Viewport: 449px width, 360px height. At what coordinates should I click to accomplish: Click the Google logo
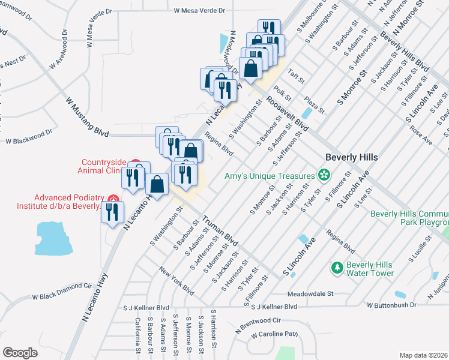point(20,352)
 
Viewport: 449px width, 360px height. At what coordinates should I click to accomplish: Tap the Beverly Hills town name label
point(351,157)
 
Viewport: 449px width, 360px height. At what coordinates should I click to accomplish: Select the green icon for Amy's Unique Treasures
point(325,175)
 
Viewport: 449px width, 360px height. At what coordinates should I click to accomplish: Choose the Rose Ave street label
point(420,135)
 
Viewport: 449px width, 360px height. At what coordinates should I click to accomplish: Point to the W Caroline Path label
point(275,334)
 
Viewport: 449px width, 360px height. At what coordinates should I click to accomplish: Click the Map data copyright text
point(423,355)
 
